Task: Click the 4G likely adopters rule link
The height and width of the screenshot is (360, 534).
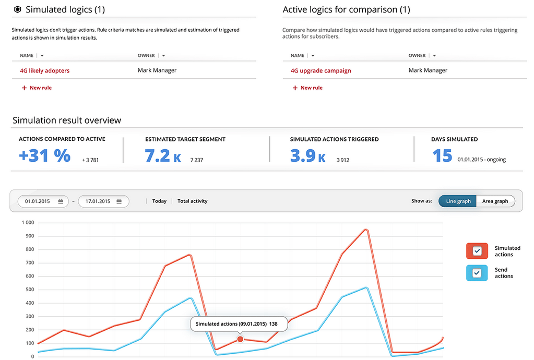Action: (x=44, y=70)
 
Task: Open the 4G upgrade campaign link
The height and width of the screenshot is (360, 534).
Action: (x=321, y=70)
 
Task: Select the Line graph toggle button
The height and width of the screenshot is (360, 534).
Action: (x=458, y=201)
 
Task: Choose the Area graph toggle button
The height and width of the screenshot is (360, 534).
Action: (x=495, y=201)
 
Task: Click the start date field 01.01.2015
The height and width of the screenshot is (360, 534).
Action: (x=43, y=201)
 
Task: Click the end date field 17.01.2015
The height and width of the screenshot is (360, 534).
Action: (x=103, y=201)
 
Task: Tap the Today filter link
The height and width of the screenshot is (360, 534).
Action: (x=159, y=201)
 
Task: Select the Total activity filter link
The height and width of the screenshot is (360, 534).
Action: (x=192, y=201)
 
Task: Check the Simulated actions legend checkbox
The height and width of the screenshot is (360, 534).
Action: (x=477, y=251)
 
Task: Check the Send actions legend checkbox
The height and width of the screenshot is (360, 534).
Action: (x=477, y=273)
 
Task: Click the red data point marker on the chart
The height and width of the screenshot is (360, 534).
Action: (x=240, y=339)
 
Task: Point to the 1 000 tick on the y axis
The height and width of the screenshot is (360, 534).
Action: (x=27, y=223)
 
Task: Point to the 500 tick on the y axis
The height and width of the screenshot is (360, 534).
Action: (x=29, y=290)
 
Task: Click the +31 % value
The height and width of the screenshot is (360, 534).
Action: (x=44, y=155)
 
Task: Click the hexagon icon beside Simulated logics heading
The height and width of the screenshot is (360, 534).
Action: (x=17, y=9)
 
